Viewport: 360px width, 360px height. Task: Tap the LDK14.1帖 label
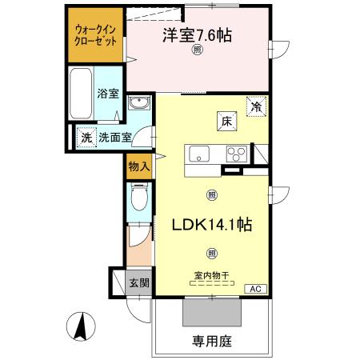(212, 225)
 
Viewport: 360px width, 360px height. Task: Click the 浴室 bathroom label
(108, 94)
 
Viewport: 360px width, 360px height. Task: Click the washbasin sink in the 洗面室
(139, 105)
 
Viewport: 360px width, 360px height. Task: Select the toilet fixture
(138, 198)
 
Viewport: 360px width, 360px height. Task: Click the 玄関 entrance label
(138, 283)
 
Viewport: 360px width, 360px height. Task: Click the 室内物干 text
(211, 276)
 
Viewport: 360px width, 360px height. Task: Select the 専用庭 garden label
(211, 340)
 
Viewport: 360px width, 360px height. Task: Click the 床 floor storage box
(226, 122)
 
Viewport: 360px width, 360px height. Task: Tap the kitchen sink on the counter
(198, 154)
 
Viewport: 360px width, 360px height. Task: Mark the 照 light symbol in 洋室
(197, 50)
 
